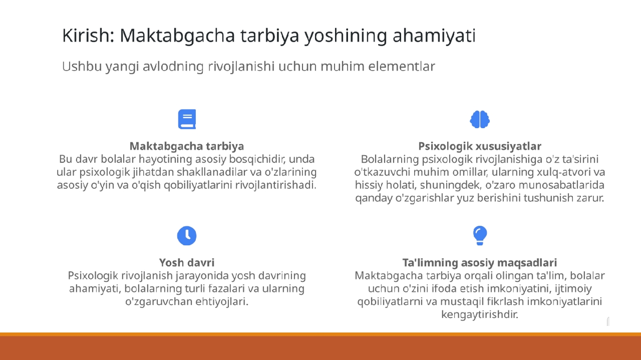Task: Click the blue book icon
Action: point(187,119)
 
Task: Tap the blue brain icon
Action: point(480,119)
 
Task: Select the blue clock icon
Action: point(187,235)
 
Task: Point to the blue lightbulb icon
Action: point(480,235)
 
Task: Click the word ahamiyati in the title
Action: point(434,36)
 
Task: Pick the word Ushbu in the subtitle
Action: point(82,67)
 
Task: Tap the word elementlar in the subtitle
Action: point(402,67)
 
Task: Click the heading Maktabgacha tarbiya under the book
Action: point(187,146)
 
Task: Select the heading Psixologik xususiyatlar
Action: point(480,146)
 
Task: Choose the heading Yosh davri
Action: point(187,262)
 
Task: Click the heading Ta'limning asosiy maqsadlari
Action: point(480,262)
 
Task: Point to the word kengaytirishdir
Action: point(480,314)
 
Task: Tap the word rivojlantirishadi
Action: point(275,185)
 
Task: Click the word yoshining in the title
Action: point(346,36)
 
